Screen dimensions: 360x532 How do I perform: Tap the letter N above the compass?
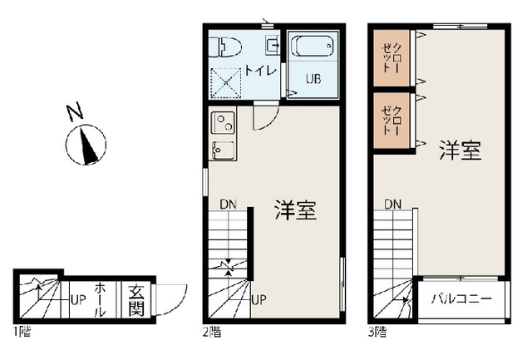point(74,111)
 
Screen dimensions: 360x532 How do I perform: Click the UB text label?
point(313,80)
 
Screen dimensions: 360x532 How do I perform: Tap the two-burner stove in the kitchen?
point(223,125)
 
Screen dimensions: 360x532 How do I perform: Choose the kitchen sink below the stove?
point(223,151)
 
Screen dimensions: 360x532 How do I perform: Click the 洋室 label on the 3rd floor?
point(461,151)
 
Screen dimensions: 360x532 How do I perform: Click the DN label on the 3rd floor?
point(393,205)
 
